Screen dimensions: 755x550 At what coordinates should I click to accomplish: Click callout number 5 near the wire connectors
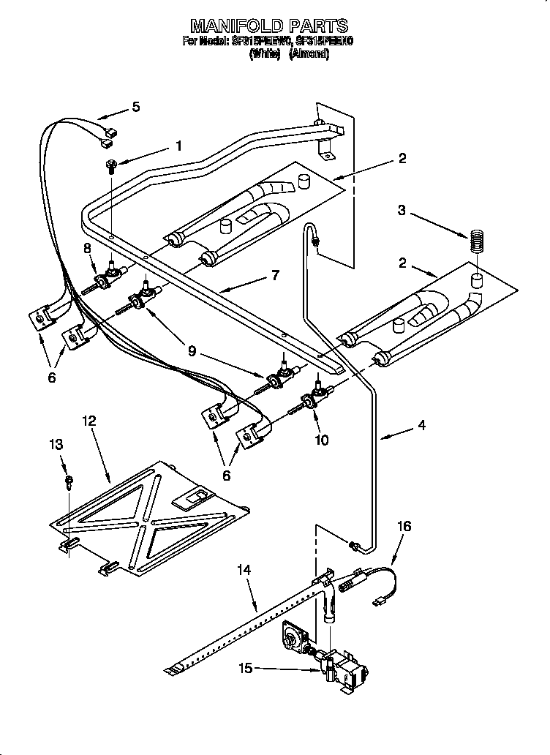point(135,107)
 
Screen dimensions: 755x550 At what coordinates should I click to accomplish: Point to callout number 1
point(178,146)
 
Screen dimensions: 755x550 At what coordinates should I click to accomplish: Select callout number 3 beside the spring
point(401,211)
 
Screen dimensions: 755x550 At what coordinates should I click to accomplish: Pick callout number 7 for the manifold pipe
point(274,275)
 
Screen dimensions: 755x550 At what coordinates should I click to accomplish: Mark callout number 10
point(321,440)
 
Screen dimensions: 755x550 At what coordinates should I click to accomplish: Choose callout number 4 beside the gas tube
point(421,424)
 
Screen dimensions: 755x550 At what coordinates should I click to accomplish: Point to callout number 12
point(88,421)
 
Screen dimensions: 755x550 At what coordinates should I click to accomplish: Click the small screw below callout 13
point(68,480)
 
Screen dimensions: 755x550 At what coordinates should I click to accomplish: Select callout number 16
point(404,526)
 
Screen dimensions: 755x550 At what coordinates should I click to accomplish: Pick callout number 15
point(246,667)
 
